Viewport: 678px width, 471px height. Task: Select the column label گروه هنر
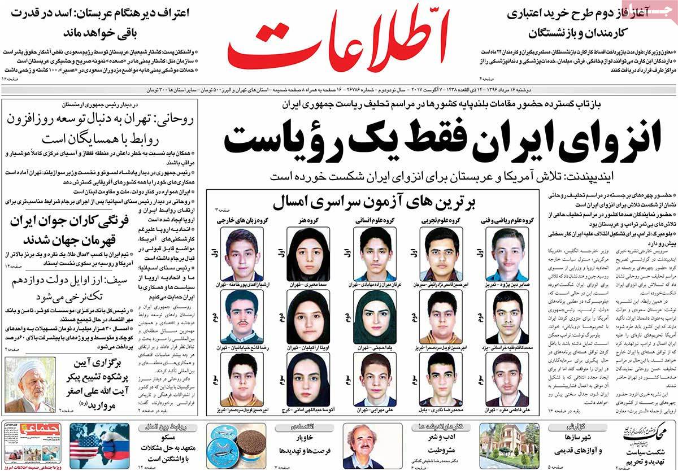303,219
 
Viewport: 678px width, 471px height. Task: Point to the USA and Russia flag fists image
92,446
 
